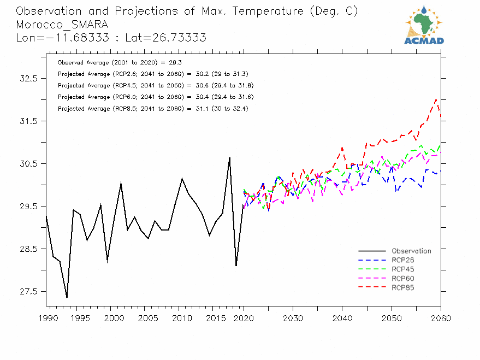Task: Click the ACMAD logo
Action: tap(424, 25)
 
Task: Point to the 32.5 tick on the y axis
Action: tap(27, 78)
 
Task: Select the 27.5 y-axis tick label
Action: tap(27, 292)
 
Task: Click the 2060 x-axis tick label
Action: tap(440, 318)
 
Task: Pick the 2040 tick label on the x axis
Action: tap(342, 318)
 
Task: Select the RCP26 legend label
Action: tap(403, 261)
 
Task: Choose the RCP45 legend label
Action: tap(403, 270)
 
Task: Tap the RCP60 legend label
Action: tap(403, 279)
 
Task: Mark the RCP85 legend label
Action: tap(403, 288)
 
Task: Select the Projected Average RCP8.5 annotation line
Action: tap(153, 109)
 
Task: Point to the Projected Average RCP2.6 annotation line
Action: tap(153, 74)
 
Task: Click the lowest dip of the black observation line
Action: tap(67, 298)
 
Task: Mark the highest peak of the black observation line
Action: tap(229, 157)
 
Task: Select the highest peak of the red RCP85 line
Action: tap(436, 99)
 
